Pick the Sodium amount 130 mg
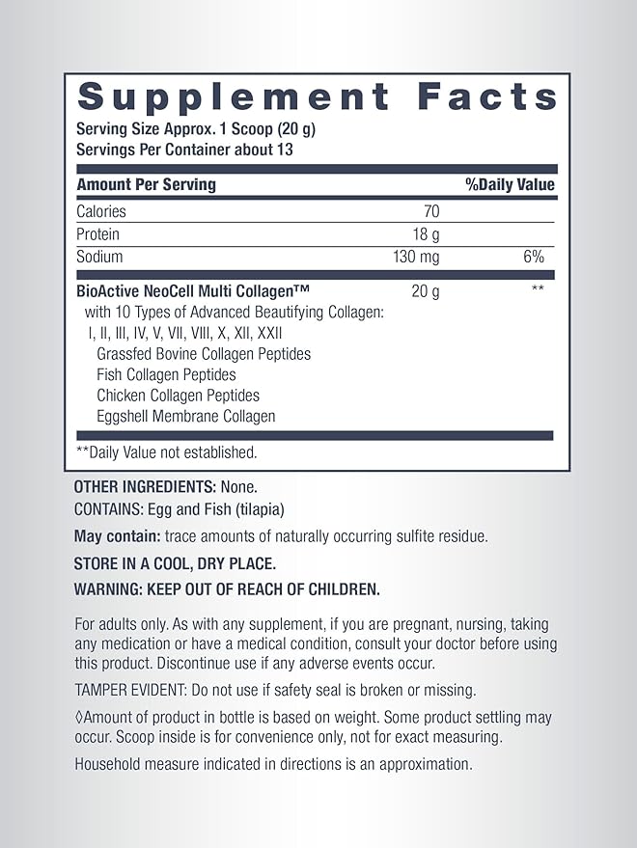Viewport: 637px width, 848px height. [x=416, y=258]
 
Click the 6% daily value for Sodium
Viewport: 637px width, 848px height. [x=534, y=258]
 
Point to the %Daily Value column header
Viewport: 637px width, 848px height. [x=510, y=184]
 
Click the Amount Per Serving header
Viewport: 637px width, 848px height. [x=147, y=184]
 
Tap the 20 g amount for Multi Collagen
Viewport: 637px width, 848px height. [x=425, y=290]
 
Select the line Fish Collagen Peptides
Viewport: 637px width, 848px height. [x=166, y=374]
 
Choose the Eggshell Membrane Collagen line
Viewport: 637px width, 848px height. [x=186, y=417]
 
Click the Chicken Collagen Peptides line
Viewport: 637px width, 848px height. [x=179, y=396]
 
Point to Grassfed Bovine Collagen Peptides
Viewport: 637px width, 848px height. [x=204, y=354]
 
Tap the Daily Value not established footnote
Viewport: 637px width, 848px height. [x=167, y=451]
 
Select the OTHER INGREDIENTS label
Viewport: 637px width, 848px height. [x=145, y=487]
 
